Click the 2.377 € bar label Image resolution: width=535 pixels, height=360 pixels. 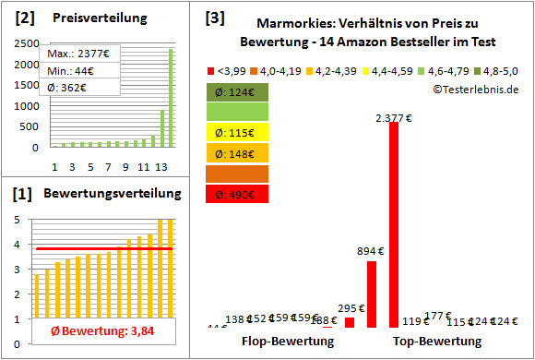point(394,117)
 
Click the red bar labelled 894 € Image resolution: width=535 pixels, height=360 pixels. point(372,294)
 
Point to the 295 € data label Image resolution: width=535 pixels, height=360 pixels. point(350,309)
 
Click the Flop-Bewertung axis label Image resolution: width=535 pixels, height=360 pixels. point(288,342)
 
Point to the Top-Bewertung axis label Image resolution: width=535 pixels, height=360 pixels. point(437,342)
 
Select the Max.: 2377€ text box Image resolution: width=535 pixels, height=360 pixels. point(77,54)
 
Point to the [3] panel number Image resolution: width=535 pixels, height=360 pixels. point(214,17)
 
